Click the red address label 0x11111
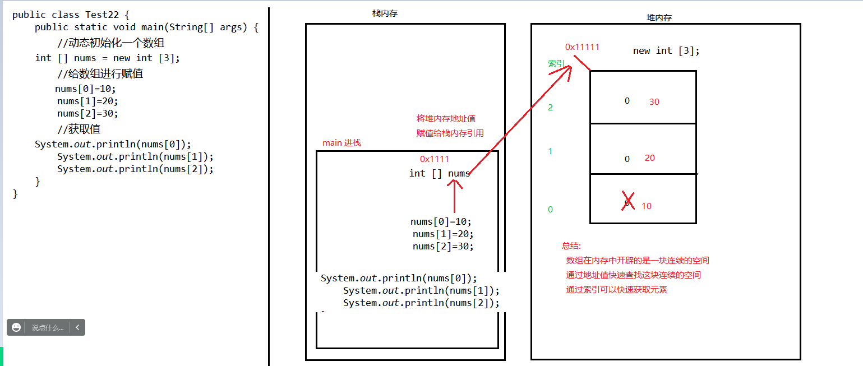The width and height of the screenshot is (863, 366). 582,47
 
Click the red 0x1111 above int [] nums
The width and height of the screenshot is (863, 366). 435,159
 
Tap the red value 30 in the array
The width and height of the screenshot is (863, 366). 654,102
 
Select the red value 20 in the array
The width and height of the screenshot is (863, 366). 650,158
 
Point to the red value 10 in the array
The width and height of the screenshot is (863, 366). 647,206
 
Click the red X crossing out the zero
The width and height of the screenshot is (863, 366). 627,201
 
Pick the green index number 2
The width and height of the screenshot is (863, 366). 550,108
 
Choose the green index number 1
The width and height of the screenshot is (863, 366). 550,151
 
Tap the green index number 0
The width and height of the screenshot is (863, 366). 550,210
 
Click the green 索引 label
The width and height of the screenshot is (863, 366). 556,64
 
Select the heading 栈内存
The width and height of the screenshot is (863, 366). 385,13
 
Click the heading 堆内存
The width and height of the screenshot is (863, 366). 659,18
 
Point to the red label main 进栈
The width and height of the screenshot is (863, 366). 341,143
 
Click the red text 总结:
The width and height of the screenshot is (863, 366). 571,246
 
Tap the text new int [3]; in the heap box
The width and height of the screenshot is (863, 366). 666,51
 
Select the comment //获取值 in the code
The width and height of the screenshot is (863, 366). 79,129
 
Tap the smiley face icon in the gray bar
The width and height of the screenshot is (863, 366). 16,327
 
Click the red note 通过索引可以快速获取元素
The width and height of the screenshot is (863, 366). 616,290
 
